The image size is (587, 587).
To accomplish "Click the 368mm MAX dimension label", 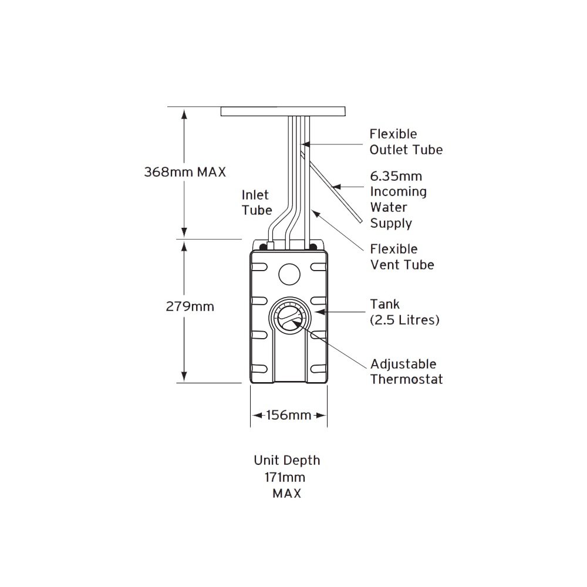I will point(185,172).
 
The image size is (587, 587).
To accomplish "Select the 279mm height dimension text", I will point(185,306).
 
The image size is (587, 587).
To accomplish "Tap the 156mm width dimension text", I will point(288,416).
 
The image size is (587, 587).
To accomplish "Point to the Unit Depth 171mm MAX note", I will point(286,477).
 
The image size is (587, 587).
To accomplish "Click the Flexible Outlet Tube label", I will point(406,142).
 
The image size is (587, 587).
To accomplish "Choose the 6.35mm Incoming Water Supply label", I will point(397,200).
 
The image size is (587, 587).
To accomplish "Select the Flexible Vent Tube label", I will point(402,257).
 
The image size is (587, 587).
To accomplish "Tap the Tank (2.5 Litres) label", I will point(404,312).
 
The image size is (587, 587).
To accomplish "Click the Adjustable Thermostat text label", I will point(406,372).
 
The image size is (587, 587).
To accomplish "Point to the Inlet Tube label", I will point(257,202).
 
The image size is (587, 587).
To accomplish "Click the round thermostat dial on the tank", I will point(288,318).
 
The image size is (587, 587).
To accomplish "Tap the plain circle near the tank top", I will point(288,273).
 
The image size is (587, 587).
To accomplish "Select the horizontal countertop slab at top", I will point(283,111).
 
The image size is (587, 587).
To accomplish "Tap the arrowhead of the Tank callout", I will point(318,312).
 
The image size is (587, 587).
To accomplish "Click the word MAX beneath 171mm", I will point(286,493).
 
